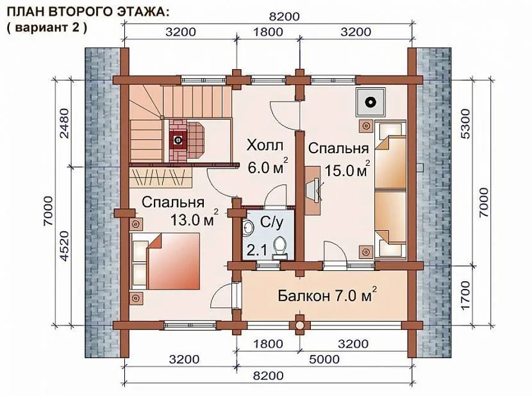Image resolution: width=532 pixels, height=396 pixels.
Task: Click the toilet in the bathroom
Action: tap(280, 247)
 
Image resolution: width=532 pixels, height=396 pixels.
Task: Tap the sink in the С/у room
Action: tap(248, 227)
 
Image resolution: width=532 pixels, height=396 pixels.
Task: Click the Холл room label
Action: tap(265, 145)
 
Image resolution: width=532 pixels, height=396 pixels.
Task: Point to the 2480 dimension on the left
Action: tap(64, 123)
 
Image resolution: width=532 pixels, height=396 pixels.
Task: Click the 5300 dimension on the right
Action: tap(465, 124)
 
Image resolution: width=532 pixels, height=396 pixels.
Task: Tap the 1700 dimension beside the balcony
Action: tap(465, 295)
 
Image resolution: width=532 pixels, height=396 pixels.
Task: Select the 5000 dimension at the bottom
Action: tap(324, 359)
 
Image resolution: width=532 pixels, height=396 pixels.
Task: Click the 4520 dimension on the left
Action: tap(64, 245)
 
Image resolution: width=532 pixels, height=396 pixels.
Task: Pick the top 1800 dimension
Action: tap(268, 32)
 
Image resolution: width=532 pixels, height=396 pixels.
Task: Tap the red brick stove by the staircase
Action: tap(178, 140)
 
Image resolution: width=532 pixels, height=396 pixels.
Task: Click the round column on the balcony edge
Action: tap(299, 325)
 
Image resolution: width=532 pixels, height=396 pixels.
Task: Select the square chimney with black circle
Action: tap(370, 102)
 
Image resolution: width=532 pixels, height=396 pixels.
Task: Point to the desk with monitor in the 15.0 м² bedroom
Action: tap(313, 190)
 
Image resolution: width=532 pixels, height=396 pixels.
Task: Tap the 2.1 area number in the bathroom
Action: tap(256, 251)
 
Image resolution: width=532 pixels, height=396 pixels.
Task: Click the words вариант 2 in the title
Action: tap(47, 27)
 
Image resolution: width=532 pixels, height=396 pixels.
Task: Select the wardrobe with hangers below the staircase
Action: tap(161, 177)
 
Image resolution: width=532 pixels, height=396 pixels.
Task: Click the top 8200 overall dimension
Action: tap(285, 17)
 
